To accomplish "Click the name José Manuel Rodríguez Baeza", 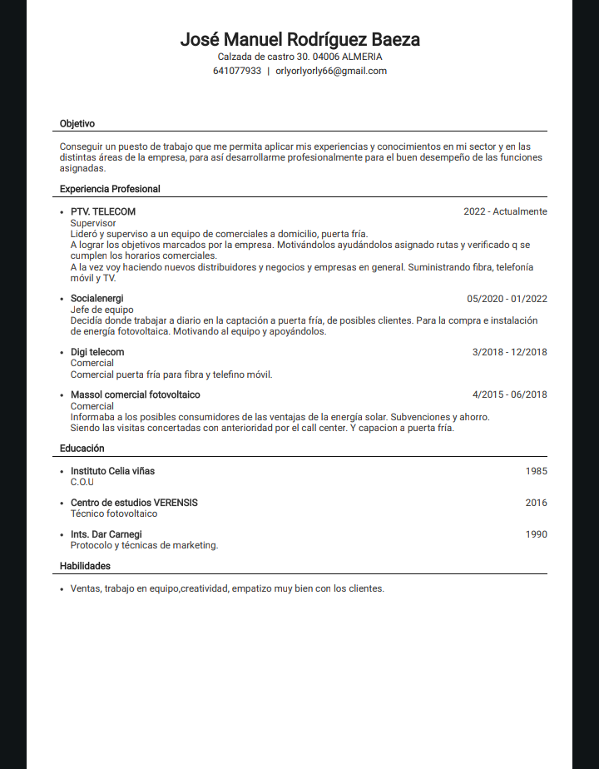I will (299, 39).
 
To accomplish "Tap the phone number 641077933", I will (237, 71).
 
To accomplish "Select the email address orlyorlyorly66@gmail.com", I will (331, 71).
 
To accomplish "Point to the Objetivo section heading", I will (77, 123).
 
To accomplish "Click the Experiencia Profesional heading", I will (110, 189).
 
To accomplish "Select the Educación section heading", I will (82, 448).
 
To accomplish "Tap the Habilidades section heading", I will (85, 566).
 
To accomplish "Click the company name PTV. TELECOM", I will (103, 211).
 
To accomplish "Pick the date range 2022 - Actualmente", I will (505, 211).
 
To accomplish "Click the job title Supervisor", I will (93, 223).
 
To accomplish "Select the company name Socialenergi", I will (97, 298).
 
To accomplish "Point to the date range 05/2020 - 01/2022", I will (507, 299).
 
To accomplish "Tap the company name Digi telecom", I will (97, 352).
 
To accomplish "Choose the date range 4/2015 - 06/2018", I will (509, 394).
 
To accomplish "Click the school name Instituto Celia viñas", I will (112, 471).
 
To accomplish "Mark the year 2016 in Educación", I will (536, 503).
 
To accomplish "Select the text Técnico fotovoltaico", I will (114, 513).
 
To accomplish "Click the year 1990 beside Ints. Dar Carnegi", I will (536, 534).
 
